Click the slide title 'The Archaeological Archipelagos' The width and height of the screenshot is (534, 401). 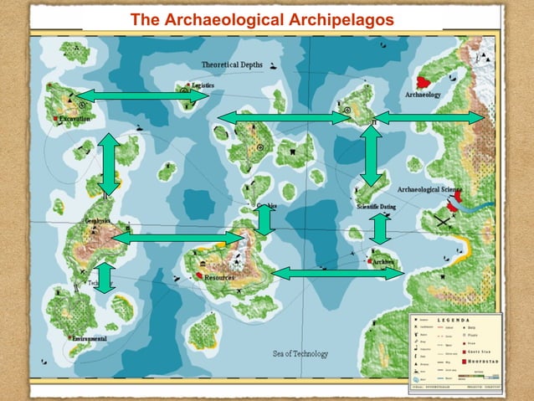pos(262,19)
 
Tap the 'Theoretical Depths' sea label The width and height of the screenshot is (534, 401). pos(232,64)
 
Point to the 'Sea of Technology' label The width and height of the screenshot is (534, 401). pos(300,353)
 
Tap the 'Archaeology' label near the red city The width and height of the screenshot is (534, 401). pos(423,95)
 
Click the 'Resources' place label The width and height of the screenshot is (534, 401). pos(219,276)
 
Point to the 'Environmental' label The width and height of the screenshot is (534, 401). pos(90,338)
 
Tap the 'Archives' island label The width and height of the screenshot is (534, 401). pos(385,262)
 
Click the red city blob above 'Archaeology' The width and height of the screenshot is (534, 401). pos(424,82)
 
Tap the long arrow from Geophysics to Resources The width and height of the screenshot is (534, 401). pos(178,239)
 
